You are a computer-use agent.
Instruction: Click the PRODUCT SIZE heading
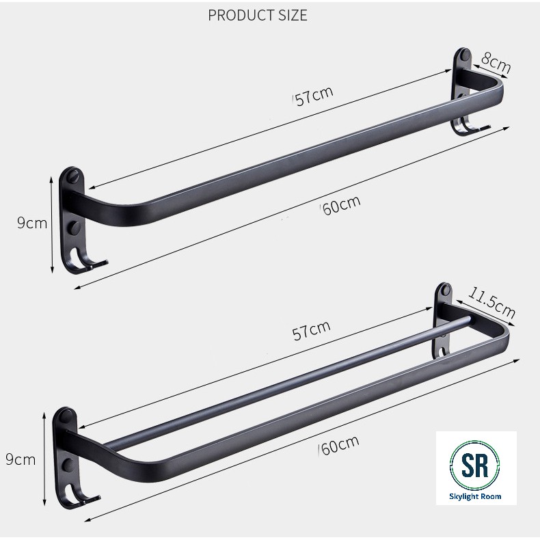[x=258, y=16]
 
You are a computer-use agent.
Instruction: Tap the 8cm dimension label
[x=496, y=63]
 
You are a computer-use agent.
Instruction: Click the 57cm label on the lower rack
[x=311, y=330]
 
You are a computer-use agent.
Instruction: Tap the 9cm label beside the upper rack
[x=32, y=224]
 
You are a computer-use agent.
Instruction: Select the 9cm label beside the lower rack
[x=21, y=460]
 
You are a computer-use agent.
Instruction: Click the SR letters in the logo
[x=475, y=465]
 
